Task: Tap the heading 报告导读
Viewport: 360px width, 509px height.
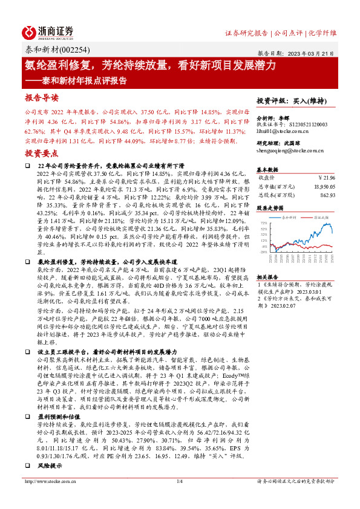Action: (42, 97)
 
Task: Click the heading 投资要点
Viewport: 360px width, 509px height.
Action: (42, 155)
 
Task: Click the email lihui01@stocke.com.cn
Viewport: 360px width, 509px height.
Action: (282, 130)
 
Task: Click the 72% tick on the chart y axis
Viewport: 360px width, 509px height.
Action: (263, 223)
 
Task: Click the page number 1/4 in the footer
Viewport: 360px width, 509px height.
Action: (180, 498)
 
